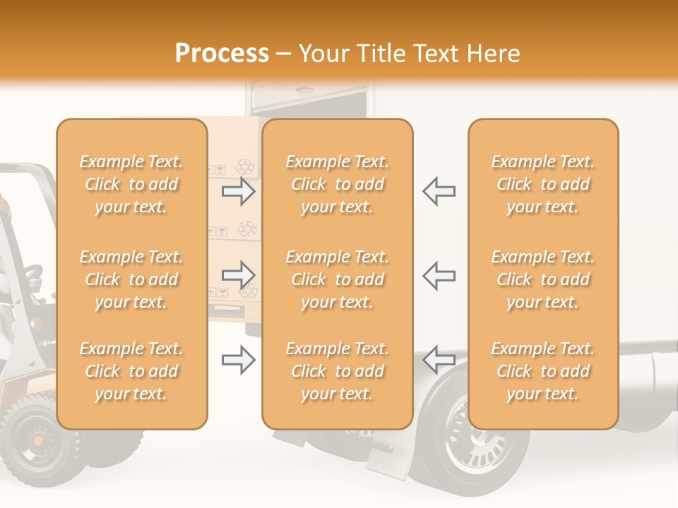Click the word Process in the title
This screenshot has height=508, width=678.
tap(222, 54)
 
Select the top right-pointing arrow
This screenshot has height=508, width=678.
tap(239, 190)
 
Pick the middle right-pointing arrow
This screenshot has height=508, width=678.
tap(239, 274)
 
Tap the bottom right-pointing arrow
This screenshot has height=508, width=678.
tap(239, 360)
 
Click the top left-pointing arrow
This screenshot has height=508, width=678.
tap(439, 190)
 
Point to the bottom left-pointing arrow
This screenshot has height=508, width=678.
tap(439, 360)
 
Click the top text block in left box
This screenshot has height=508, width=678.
tap(131, 184)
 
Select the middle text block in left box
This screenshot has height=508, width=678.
tap(131, 279)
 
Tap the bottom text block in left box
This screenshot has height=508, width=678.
tap(131, 371)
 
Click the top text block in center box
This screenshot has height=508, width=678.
tap(338, 184)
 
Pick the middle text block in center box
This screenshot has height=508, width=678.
tap(338, 279)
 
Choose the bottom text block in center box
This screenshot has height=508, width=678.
tap(338, 371)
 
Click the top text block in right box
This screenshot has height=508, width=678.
tap(543, 184)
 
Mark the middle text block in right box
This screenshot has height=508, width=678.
tap(543, 279)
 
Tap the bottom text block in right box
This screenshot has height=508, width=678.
tap(543, 371)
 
